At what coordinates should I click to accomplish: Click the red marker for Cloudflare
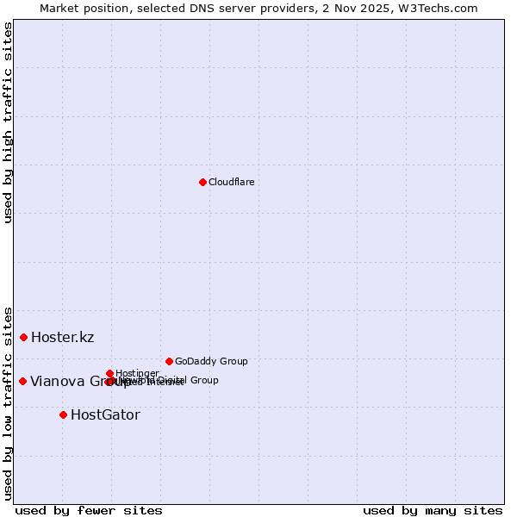202,182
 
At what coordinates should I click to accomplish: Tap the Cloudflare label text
231,182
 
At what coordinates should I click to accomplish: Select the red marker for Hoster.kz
23,337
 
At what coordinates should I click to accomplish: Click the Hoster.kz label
62,337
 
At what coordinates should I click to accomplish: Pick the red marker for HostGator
63,414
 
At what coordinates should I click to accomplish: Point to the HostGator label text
105,414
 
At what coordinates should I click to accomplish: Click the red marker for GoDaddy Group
169,361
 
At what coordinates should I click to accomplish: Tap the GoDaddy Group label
211,361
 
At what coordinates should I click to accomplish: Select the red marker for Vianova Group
22,381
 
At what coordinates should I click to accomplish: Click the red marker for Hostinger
109,373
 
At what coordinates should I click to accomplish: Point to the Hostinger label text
137,373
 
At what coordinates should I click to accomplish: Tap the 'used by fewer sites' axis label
89,510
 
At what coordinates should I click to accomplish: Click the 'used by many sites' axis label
433,510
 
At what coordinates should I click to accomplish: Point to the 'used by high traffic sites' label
8,122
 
